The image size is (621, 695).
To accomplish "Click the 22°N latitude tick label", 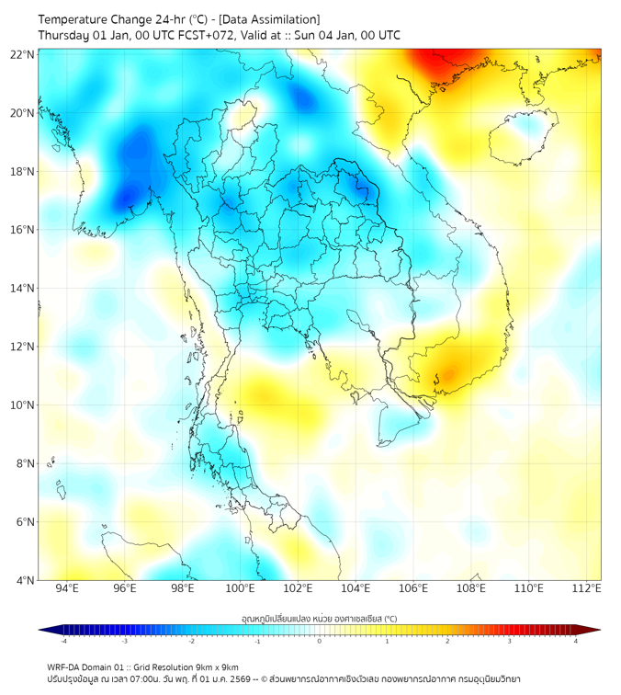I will (x=23, y=54).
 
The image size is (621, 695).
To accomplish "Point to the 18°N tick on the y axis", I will (x=23, y=172).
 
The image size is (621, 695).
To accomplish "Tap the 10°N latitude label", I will (x=23, y=405).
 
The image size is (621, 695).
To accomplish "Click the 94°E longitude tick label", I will (x=67, y=588).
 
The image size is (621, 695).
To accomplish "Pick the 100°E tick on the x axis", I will (x=241, y=588).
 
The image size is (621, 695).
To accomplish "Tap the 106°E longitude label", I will (x=413, y=588).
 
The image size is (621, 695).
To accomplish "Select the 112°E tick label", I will (x=586, y=588).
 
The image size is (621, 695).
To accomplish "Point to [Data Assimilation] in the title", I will (x=273, y=18).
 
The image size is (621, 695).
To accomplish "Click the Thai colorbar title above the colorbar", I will (x=319, y=619).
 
